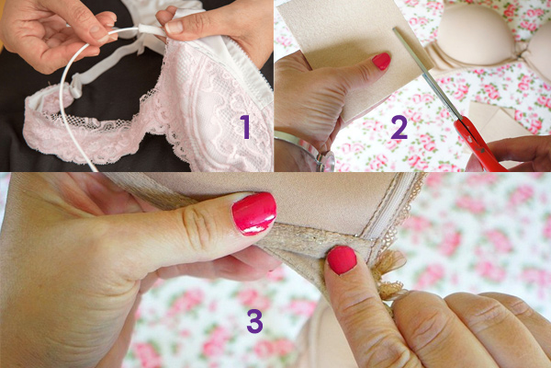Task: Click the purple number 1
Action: (x=245, y=127)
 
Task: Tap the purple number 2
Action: (x=399, y=127)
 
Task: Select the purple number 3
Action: (x=254, y=321)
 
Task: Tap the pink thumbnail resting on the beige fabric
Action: (x=381, y=62)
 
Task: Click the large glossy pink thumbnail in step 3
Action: (x=253, y=213)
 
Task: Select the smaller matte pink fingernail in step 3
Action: (x=342, y=260)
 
